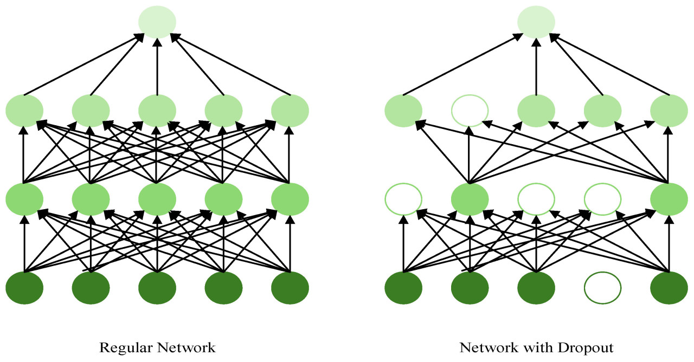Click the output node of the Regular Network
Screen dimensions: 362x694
pyautogui.click(x=157, y=22)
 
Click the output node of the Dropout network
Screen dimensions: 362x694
pyautogui.click(x=536, y=22)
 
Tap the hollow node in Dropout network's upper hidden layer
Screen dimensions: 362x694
pyautogui.click(x=470, y=110)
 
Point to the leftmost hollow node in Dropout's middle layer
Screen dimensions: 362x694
pyautogui.click(x=403, y=198)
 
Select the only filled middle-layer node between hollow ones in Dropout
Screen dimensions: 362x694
pyautogui.click(x=470, y=198)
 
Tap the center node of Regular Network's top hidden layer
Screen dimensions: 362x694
pyautogui.click(x=157, y=110)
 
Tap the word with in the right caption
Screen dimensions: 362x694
pyautogui.click(x=531, y=347)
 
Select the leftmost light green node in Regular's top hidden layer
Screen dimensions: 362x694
pyautogui.click(x=24, y=110)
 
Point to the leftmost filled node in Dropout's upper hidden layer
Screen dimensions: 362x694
pyautogui.click(x=403, y=110)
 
